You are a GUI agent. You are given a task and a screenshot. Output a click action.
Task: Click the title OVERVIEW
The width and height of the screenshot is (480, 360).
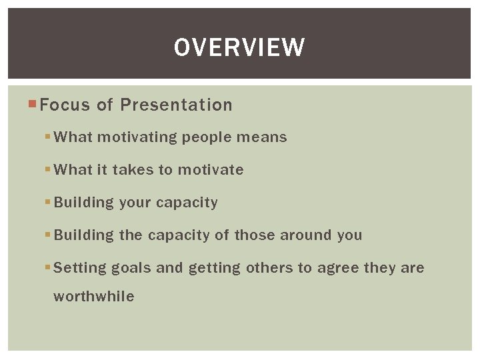click(239, 47)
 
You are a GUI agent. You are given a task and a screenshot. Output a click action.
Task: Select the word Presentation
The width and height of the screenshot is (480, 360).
click(176, 105)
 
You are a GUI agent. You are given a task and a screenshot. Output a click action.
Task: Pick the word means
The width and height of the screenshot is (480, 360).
click(262, 137)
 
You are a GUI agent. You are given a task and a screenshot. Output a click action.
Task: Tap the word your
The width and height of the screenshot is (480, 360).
click(135, 203)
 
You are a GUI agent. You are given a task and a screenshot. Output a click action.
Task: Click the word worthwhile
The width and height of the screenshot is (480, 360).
click(93, 296)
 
